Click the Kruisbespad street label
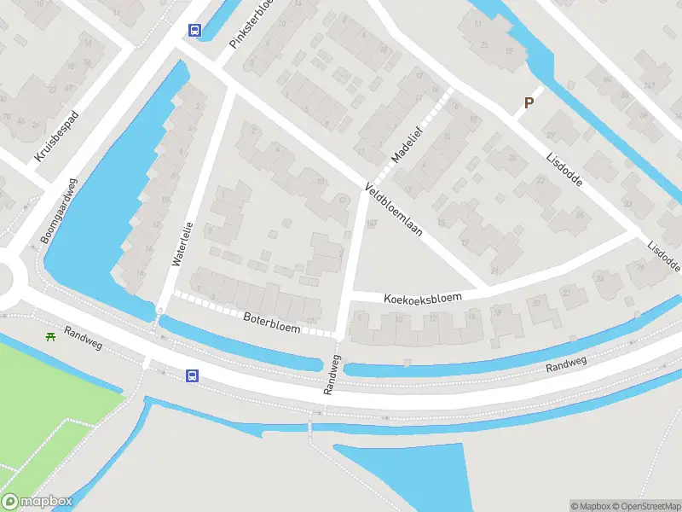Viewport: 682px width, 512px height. pos(57,137)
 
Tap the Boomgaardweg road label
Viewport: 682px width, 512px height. pos(57,211)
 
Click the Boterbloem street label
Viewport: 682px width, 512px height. pos(272,323)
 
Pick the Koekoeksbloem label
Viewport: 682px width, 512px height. pos(422,298)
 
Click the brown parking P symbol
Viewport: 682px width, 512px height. pos(529,103)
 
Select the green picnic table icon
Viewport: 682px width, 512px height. pos(51,335)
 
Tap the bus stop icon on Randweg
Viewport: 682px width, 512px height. pos(194,375)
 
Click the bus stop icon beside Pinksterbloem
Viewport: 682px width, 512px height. pos(195,31)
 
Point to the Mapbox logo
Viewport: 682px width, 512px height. pos(36,502)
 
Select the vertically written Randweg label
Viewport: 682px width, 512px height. pos(331,374)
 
